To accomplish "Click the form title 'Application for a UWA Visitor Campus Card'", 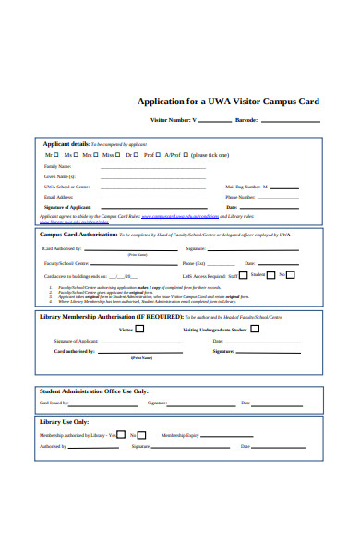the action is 227,101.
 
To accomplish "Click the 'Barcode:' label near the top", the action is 246,120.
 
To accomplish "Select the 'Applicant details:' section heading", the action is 66,144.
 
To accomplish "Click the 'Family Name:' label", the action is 57,166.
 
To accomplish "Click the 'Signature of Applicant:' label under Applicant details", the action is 67,207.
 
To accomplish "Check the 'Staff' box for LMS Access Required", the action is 243,274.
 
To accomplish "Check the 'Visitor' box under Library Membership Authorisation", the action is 141,329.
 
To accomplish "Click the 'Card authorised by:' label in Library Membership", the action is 74,351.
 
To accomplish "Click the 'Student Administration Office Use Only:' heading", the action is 94,391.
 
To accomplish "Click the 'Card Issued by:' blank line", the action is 102,403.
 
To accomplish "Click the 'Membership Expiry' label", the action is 179,434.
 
